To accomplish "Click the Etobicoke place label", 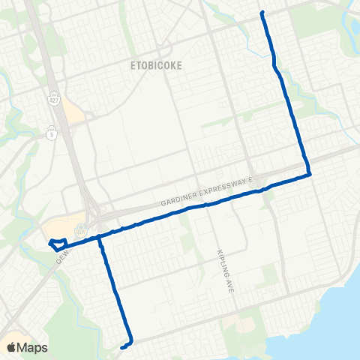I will pyautogui.click(x=154, y=65).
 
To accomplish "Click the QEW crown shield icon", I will pyautogui.click(x=82, y=226).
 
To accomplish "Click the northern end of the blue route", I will pyautogui.click(x=262, y=13).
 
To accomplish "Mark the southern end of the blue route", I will pyautogui.click(x=121, y=346).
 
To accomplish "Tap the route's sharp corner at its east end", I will pyautogui.click(x=309, y=174).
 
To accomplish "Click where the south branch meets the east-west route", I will pyautogui.click(x=99, y=238).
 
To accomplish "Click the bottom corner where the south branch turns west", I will pyautogui.click(x=131, y=341).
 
